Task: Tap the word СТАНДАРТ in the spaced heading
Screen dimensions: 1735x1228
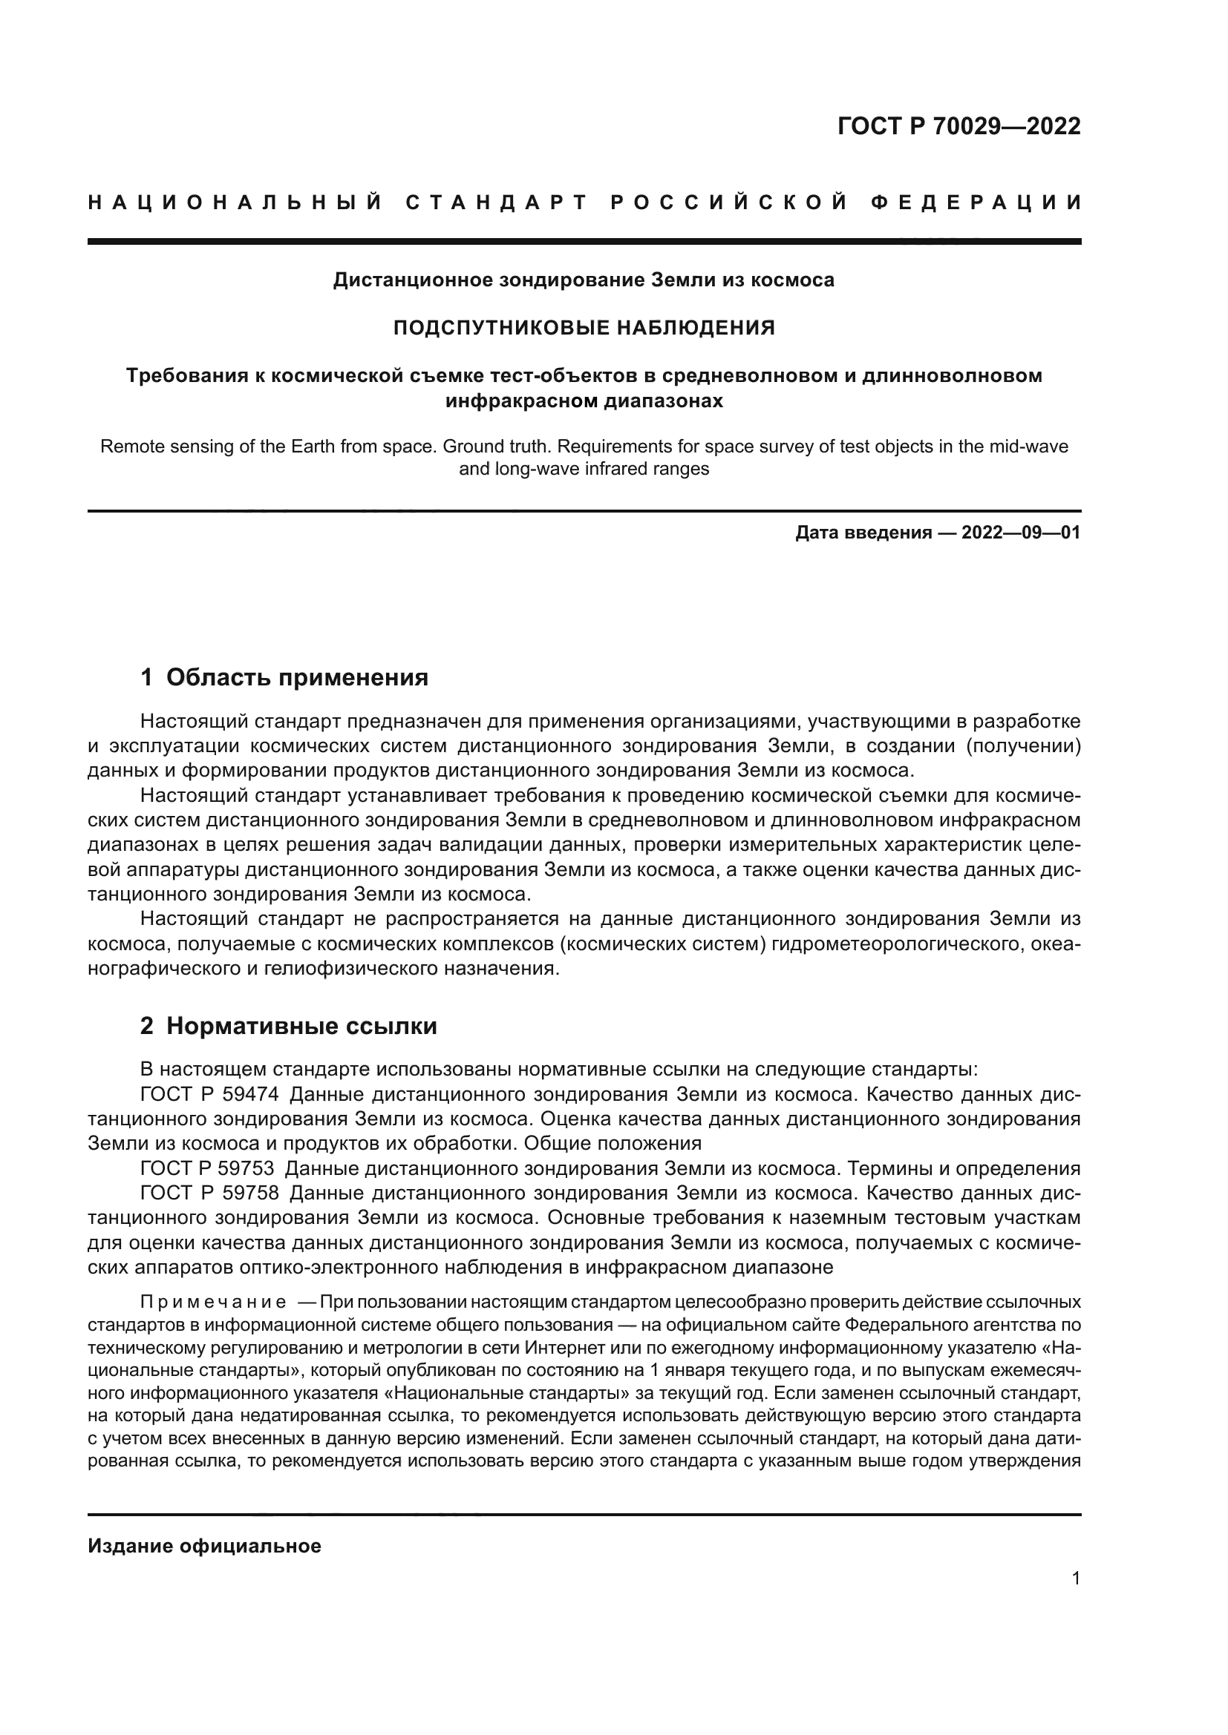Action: click(x=496, y=203)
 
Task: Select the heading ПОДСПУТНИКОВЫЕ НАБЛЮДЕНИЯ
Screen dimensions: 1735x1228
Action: click(x=584, y=328)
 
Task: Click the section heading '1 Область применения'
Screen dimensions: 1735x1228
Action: click(x=284, y=677)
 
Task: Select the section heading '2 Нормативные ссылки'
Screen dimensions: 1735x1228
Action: click(x=288, y=1026)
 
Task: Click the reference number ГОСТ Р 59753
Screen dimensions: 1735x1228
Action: click(x=207, y=1168)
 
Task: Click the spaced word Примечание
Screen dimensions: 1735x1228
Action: click(x=213, y=1302)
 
